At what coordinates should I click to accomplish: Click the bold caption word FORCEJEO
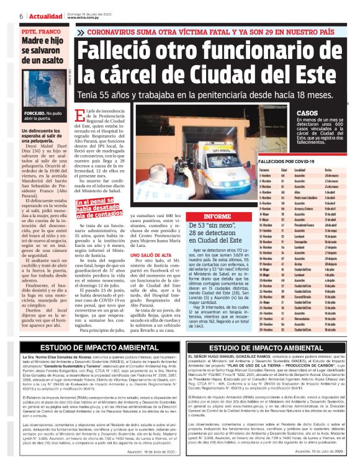pos(34,114)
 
